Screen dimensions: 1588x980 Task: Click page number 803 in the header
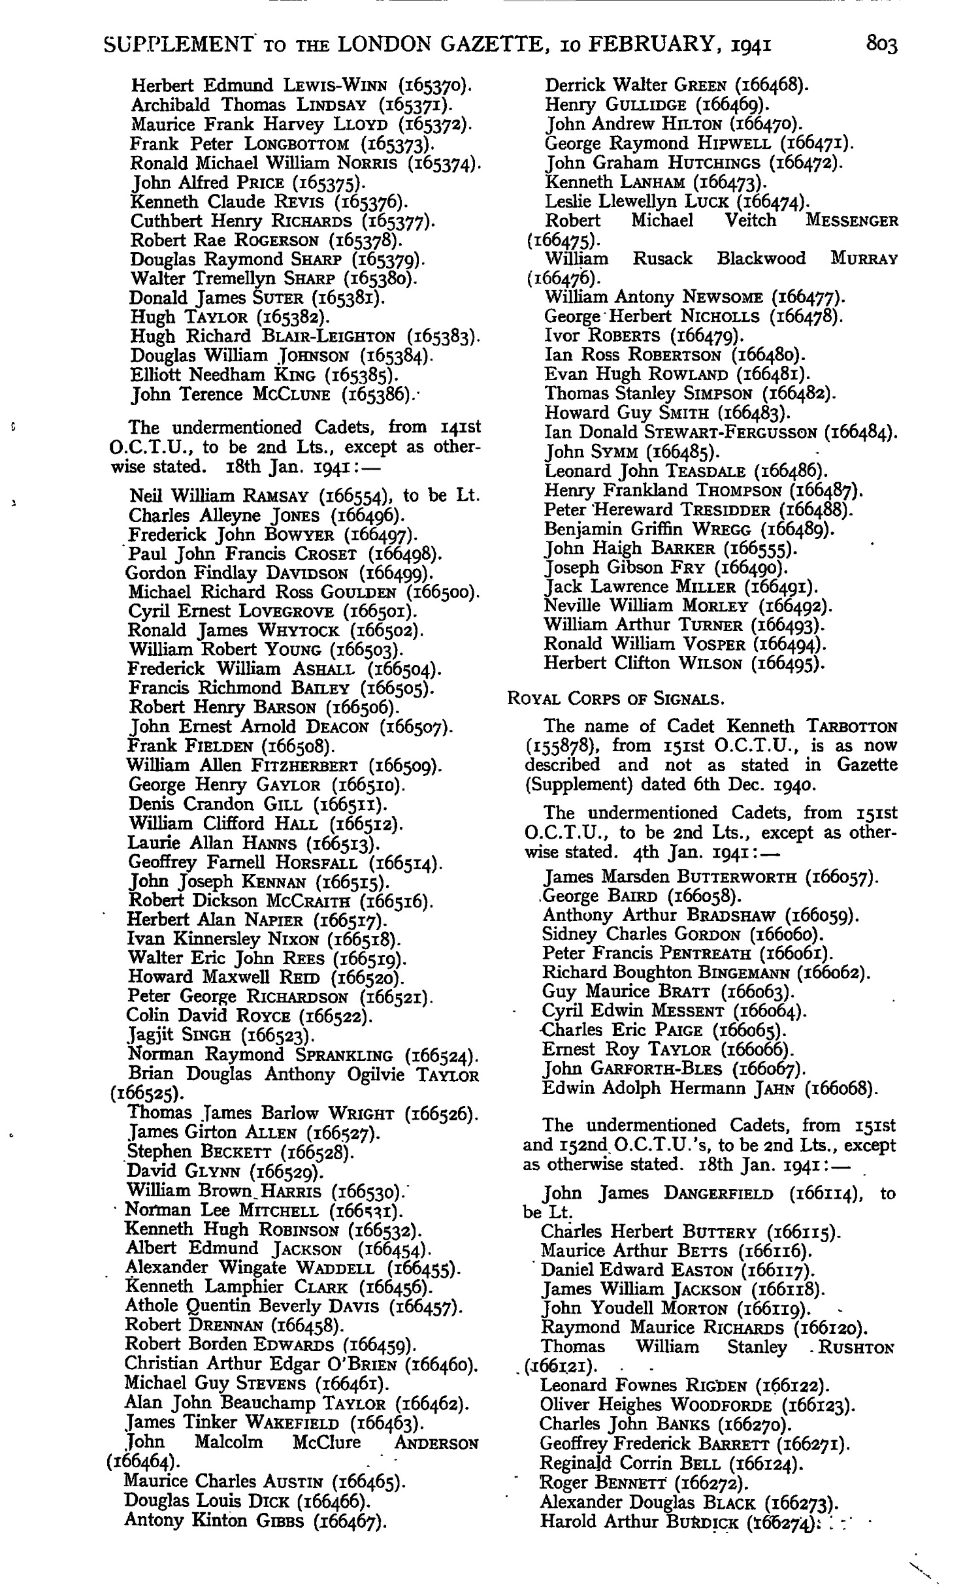tap(882, 44)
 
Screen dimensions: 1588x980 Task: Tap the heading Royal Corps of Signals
tap(615, 699)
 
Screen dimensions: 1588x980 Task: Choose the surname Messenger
tap(852, 221)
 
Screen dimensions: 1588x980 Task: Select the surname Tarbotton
tap(852, 726)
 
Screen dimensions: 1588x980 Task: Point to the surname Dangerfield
tap(718, 1193)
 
